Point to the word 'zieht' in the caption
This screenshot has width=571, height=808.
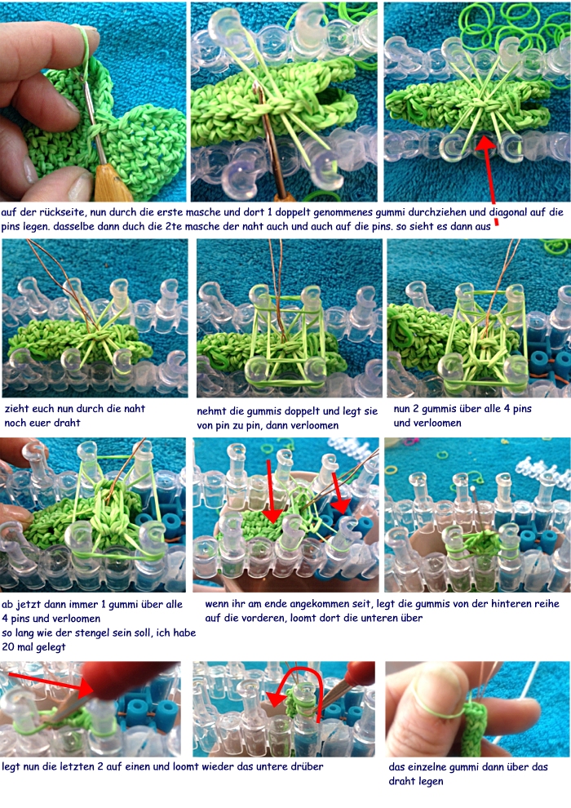coord(16,409)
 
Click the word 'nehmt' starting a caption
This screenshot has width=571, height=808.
coord(211,411)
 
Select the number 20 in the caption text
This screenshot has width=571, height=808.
coord(8,647)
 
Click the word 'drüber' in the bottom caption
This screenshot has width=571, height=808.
coord(307,766)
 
